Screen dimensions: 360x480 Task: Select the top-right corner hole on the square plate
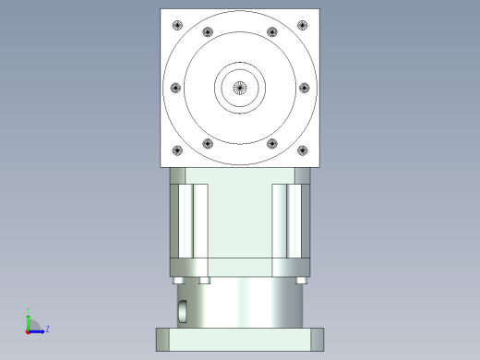303,26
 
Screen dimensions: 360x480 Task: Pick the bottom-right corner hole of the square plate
303,151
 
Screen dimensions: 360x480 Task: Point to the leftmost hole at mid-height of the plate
175,89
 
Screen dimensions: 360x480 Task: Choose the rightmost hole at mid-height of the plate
305,89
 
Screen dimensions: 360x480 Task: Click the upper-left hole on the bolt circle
207,33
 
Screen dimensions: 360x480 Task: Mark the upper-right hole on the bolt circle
272,33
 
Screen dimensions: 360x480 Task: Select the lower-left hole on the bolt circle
207,143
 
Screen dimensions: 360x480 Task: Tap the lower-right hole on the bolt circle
272,143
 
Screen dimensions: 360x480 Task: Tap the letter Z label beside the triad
47,328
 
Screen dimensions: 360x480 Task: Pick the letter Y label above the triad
29,309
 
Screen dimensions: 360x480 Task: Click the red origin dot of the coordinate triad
28,330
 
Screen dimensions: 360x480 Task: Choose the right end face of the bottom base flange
319,338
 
